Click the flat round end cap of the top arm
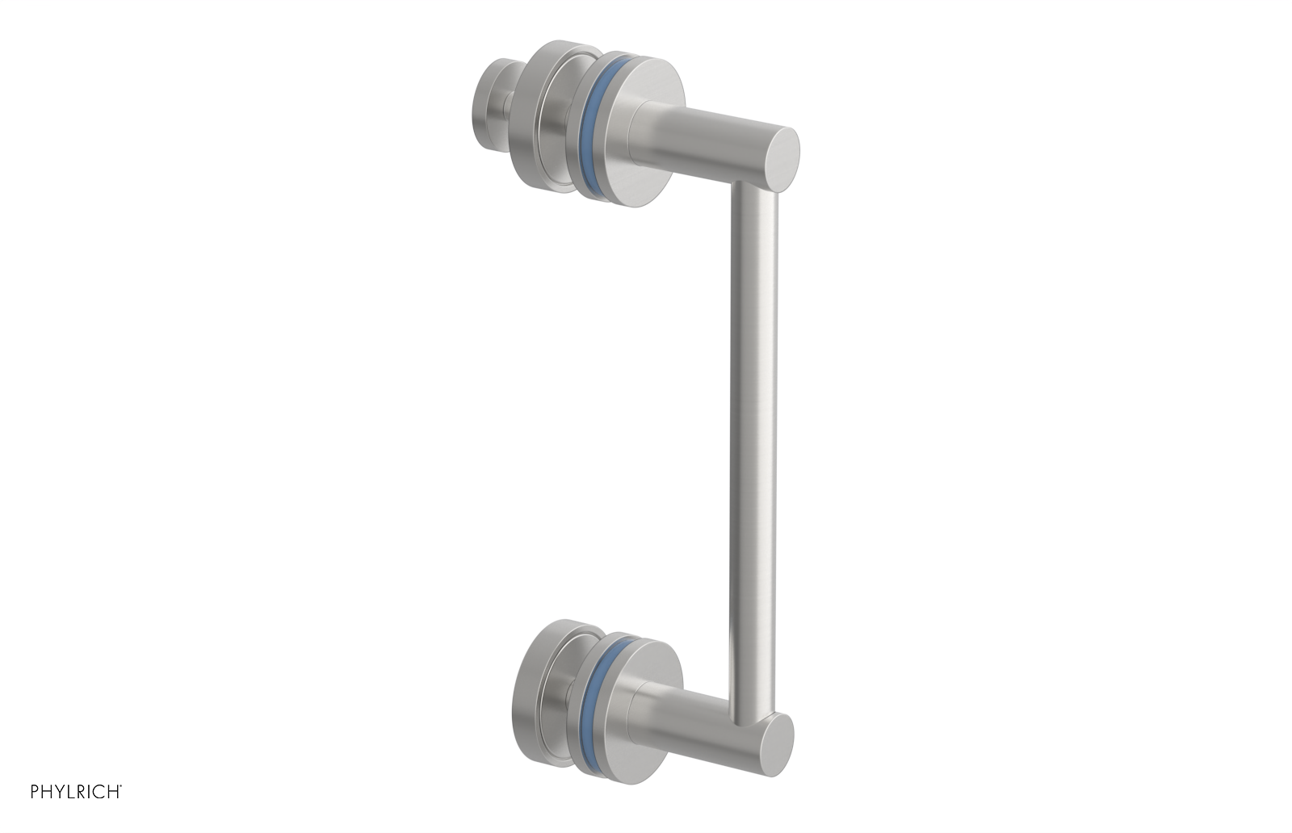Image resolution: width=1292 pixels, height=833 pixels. click(x=781, y=160)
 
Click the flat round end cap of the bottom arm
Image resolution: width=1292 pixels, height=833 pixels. click(x=778, y=745)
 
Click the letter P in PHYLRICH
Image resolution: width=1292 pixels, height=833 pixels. click(x=35, y=792)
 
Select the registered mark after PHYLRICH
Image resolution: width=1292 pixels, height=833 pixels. click(x=121, y=787)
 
